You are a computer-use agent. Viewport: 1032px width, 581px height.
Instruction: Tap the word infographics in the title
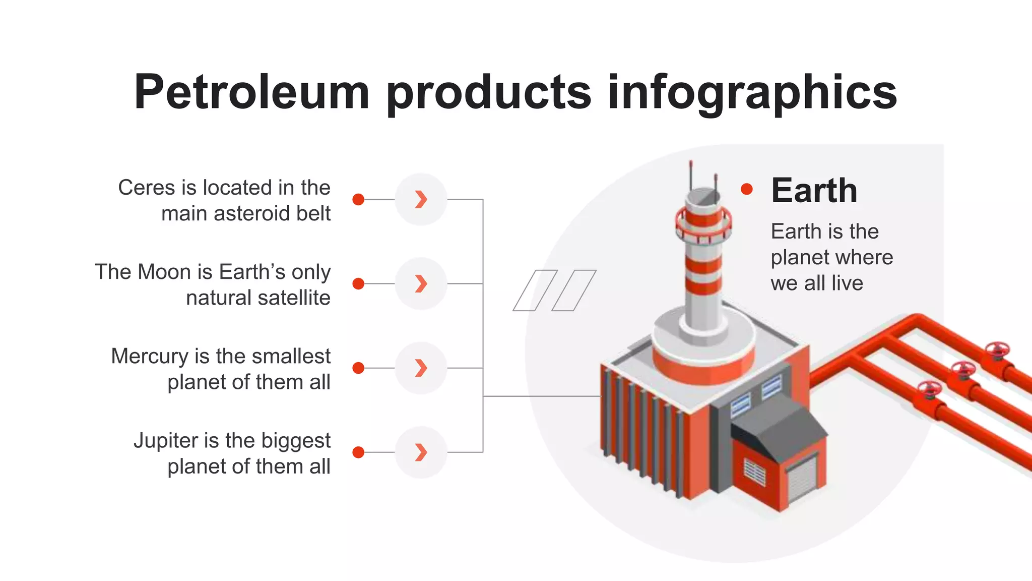coord(752,92)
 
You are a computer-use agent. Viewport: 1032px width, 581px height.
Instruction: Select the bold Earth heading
coord(814,191)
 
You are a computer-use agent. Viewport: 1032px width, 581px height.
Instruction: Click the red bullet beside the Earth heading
coord(747,189)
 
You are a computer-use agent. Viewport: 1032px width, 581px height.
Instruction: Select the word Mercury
coord(149,356)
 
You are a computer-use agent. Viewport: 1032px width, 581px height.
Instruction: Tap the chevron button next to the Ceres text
coord(421,199)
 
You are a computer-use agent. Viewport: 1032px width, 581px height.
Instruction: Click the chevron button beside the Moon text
coord(421,283)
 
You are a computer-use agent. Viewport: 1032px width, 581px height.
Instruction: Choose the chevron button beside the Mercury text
coord(421,368)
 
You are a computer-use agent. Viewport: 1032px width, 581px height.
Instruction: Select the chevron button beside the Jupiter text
coord(421,452)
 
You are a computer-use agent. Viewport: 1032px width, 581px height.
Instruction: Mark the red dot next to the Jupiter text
coord(358,452)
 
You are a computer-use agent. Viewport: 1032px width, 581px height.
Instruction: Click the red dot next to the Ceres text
coord(358,199)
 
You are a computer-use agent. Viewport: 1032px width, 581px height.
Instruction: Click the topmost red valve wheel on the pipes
coord(998,349)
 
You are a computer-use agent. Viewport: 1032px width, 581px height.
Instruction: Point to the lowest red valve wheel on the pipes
coord(929,389)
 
